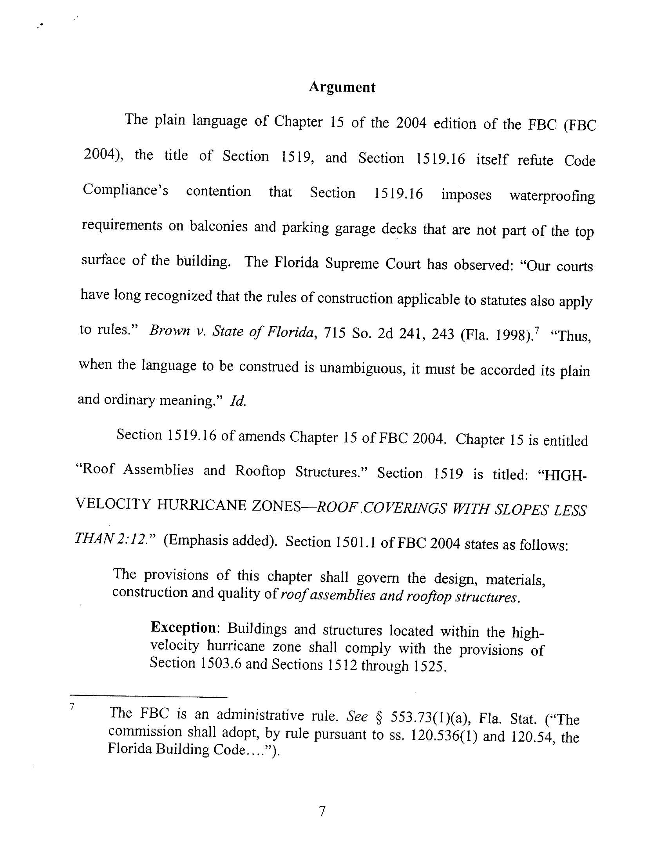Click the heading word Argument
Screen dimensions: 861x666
click(x=342, y=87)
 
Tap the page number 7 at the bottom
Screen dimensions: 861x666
click(x=322, y=811)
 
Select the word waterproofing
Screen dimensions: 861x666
click(x=552, y=196)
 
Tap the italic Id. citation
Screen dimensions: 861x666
click(x=238, y=401)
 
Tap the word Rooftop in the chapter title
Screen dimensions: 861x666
click(x=260, y=471)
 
